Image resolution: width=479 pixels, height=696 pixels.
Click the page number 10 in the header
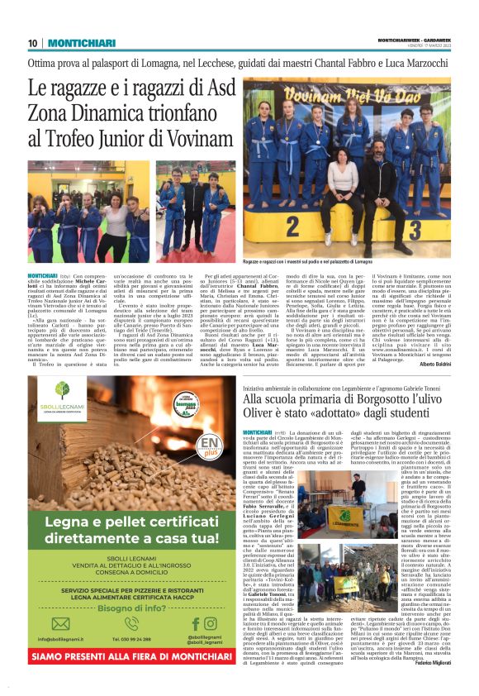click(33, 43)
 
